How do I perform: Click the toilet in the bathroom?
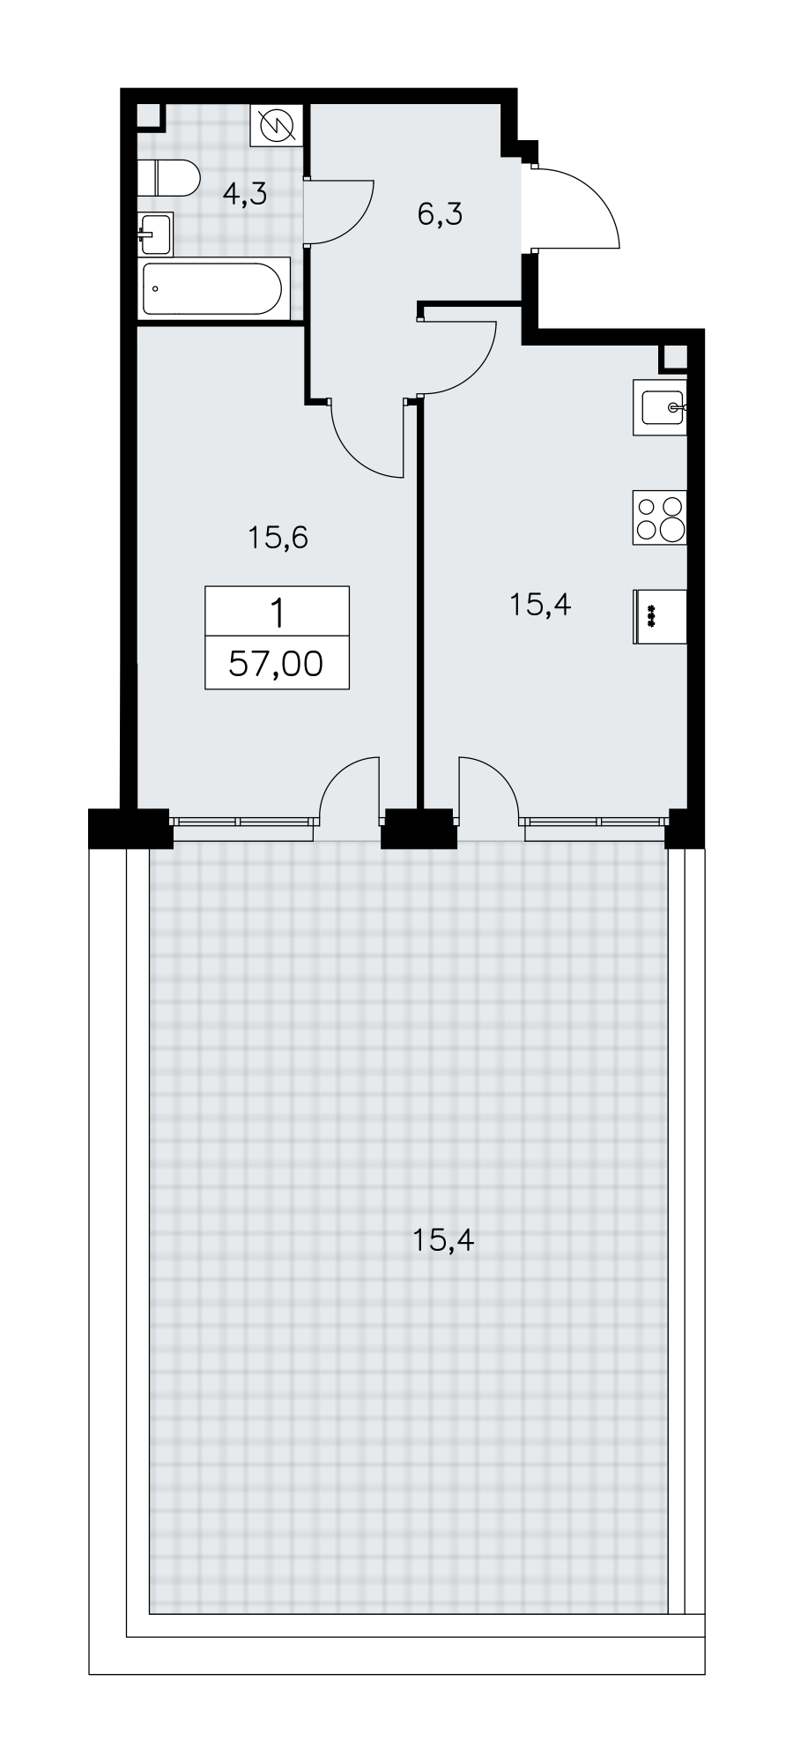[x=170, y=178]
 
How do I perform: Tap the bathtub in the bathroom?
[x=215, y=288]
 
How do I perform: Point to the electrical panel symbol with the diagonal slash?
[x=277, y=126]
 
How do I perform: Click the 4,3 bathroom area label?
[x=244, y=194]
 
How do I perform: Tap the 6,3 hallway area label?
[x=440, y=213]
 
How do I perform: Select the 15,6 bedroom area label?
[x=278, y=536]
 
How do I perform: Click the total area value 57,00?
[x=277, y=663]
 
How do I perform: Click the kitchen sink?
[x=659, y=407]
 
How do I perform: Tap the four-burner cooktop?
[x=659, y=517]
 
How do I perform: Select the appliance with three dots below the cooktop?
[x=659, y=617]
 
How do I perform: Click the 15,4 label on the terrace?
[x=443, y=1241]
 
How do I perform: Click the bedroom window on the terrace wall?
[x=242, y=821]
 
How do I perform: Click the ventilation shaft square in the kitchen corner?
[x=675, y=356]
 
